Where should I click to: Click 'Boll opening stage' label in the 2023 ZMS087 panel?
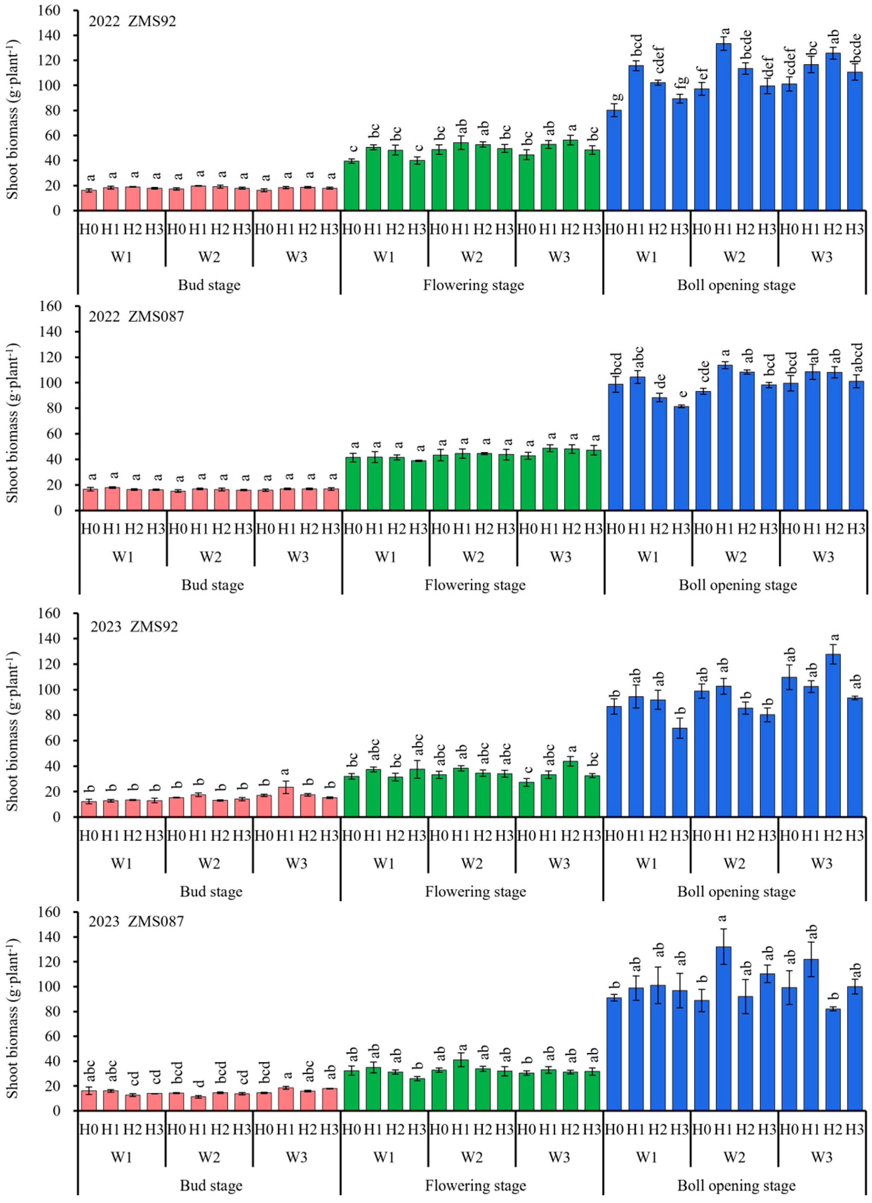pos(736,1185)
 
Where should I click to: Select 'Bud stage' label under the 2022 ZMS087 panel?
pos(212,585)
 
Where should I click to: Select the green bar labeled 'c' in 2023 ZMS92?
pos(526,799)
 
